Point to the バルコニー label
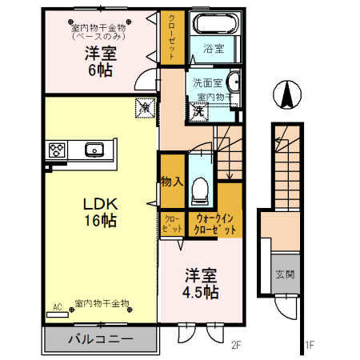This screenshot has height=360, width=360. tap(101, 338)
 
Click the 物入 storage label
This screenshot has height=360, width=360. tap(173, 181)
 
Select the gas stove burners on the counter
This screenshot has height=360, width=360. tap(58, 149)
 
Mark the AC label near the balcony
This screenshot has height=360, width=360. tap(57, 306)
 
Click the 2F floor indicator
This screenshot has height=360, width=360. tap(236, 346)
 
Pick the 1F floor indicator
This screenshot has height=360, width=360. tap(309, 346)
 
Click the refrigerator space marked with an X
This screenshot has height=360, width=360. tap(144, 106)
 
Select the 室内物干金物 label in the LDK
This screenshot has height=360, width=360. tap(102, 303)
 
